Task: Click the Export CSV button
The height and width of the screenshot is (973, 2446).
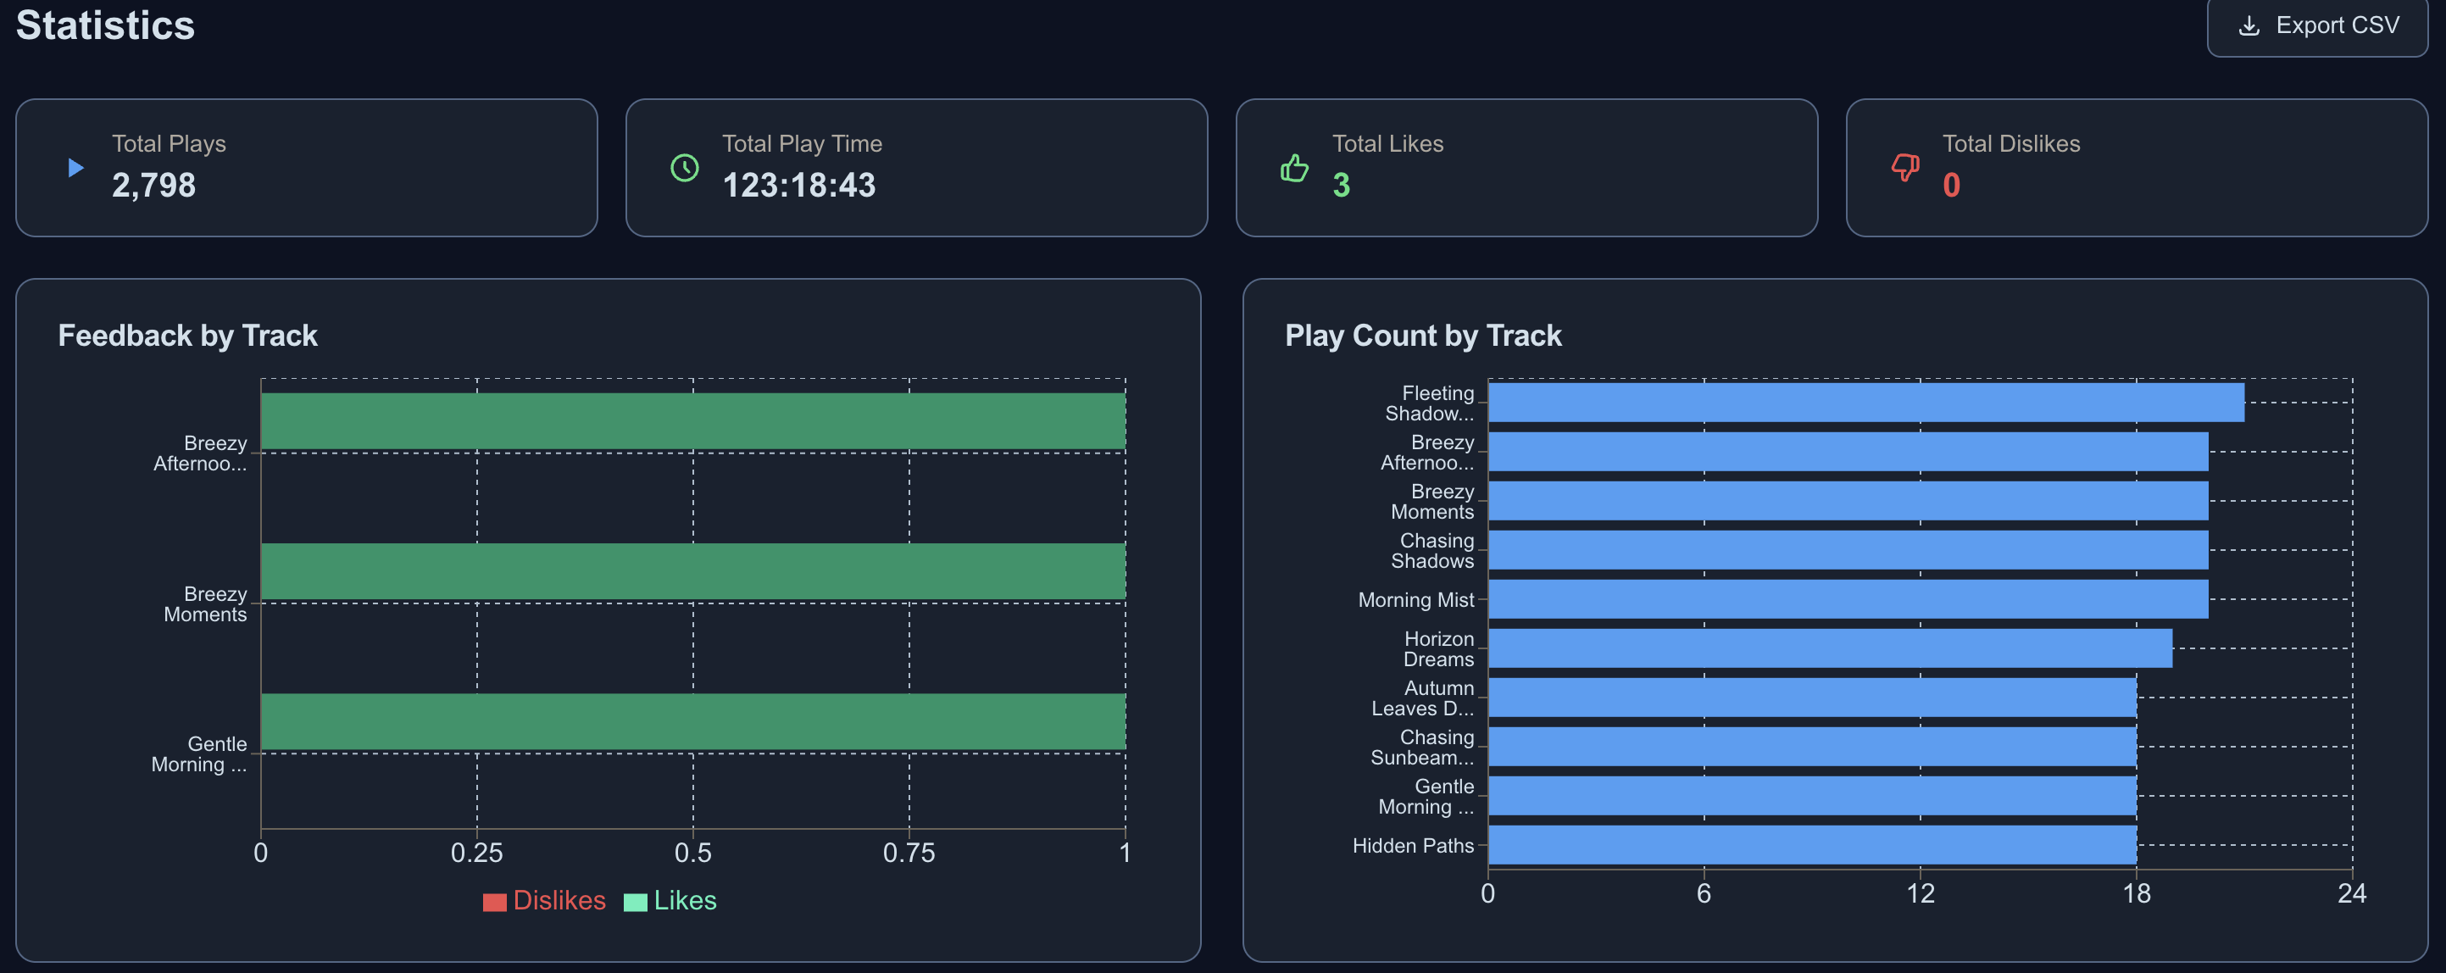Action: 2317,25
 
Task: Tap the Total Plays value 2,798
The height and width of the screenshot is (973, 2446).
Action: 153,185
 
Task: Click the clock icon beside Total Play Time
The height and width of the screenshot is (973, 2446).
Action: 685,168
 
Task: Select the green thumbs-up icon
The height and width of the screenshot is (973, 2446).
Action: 1294,169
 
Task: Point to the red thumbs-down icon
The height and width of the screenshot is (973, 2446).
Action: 1904,168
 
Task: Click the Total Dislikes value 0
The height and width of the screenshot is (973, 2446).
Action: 1951,185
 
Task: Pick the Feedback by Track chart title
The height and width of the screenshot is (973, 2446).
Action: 187,335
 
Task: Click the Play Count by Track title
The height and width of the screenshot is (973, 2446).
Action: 1422,335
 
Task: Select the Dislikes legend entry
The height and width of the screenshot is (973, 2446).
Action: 544,901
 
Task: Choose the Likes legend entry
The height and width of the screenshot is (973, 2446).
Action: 670,901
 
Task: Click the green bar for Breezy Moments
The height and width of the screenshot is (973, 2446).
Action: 693,571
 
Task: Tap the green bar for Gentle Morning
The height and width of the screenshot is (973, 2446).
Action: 693,721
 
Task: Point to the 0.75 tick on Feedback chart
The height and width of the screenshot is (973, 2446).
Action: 909,853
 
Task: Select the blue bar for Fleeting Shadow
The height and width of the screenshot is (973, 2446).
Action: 1865,403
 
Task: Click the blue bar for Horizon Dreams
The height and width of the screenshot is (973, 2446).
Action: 1830,648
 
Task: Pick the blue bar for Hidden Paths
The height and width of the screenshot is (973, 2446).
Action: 1812,845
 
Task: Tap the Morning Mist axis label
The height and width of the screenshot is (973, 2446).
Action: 1415,600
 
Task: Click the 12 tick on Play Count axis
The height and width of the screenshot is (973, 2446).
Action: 1920,893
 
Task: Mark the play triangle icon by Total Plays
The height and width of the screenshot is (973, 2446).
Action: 76,168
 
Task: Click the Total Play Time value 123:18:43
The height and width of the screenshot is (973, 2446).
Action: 798,185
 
